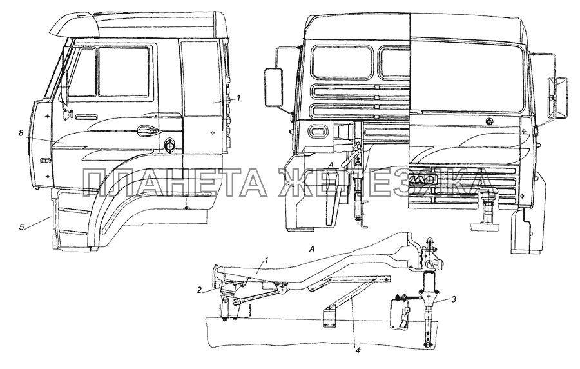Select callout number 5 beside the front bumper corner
(22, 226)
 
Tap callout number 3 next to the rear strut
(453, 299)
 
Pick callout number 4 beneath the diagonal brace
(357, 350)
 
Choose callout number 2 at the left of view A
(199, 290)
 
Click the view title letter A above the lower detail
(312, 250)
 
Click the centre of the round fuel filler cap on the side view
(169, 145)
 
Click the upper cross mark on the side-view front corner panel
(47, 116)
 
